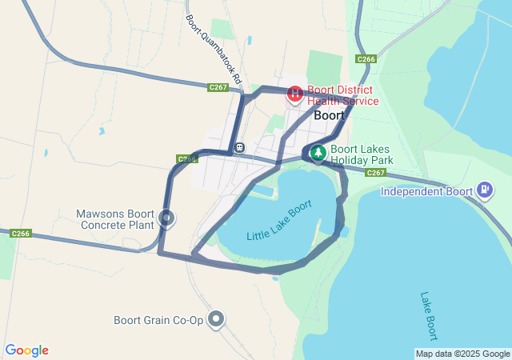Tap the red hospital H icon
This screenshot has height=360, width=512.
[x=294, y=94]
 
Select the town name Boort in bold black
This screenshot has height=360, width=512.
[x=329, y=115]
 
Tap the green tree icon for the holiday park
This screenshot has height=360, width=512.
[x=318, y=152]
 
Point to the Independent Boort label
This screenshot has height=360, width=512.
[x=427, y=191]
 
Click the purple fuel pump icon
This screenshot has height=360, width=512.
[x=485, y=190]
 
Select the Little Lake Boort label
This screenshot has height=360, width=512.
[x=279, y=221]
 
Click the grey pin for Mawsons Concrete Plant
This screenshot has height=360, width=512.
[x=166, y=217]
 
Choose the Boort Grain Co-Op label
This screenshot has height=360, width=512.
[x=158, y=321]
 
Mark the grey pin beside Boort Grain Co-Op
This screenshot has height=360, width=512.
[x=215, y=319]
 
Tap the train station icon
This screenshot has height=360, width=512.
[x=239, y=147]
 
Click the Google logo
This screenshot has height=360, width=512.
[x=26, y=350]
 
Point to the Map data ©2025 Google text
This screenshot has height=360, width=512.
[x=462, y=354]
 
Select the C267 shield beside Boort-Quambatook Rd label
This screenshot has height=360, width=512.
[x=218, y=87]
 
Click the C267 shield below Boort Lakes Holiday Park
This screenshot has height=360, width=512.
[x=376, y=173]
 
